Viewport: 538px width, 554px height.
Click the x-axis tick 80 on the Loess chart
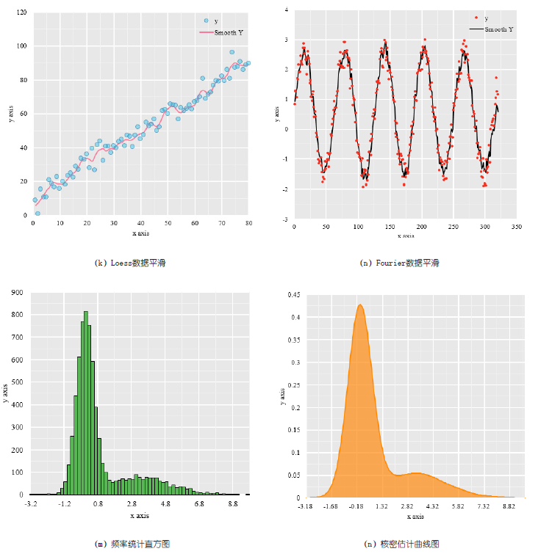[x=248, y=223]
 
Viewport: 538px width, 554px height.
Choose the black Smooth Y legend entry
[x=489, y=29]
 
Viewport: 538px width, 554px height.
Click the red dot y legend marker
[x=476, y=18]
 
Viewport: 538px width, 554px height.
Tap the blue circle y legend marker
[x=207, y=21]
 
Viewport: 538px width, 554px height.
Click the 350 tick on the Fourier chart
[x=517, y=227]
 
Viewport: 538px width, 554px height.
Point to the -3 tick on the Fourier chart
[x=286, y=219]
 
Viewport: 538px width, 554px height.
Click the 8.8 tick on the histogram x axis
[x=233, y=504]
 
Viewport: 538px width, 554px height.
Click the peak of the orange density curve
[x=360, y=305]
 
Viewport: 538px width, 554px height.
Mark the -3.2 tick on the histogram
[x=31, y=504]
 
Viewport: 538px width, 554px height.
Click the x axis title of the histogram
[x=139, y=516]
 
